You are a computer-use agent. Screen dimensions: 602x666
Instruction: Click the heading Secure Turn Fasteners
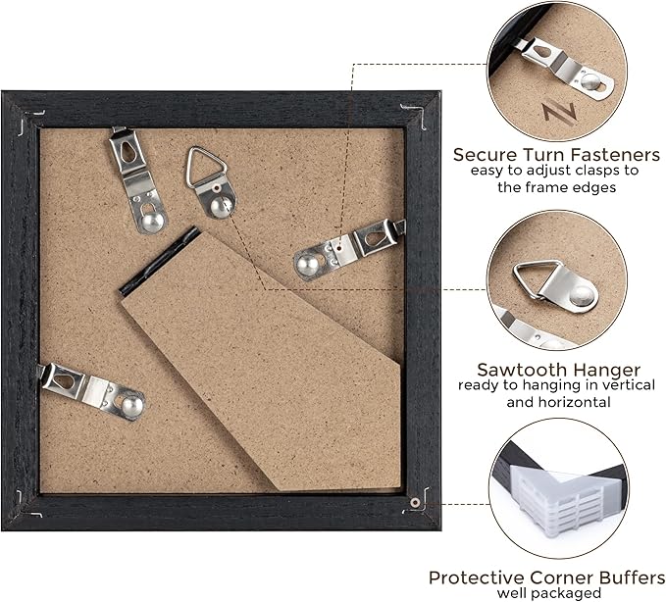pos(556,154)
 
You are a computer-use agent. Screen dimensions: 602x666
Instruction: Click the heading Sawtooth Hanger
pos(558,370)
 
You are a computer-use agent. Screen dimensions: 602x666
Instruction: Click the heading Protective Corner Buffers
pos(547,577)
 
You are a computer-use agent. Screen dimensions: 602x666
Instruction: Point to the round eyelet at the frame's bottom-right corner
pos(415,502)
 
